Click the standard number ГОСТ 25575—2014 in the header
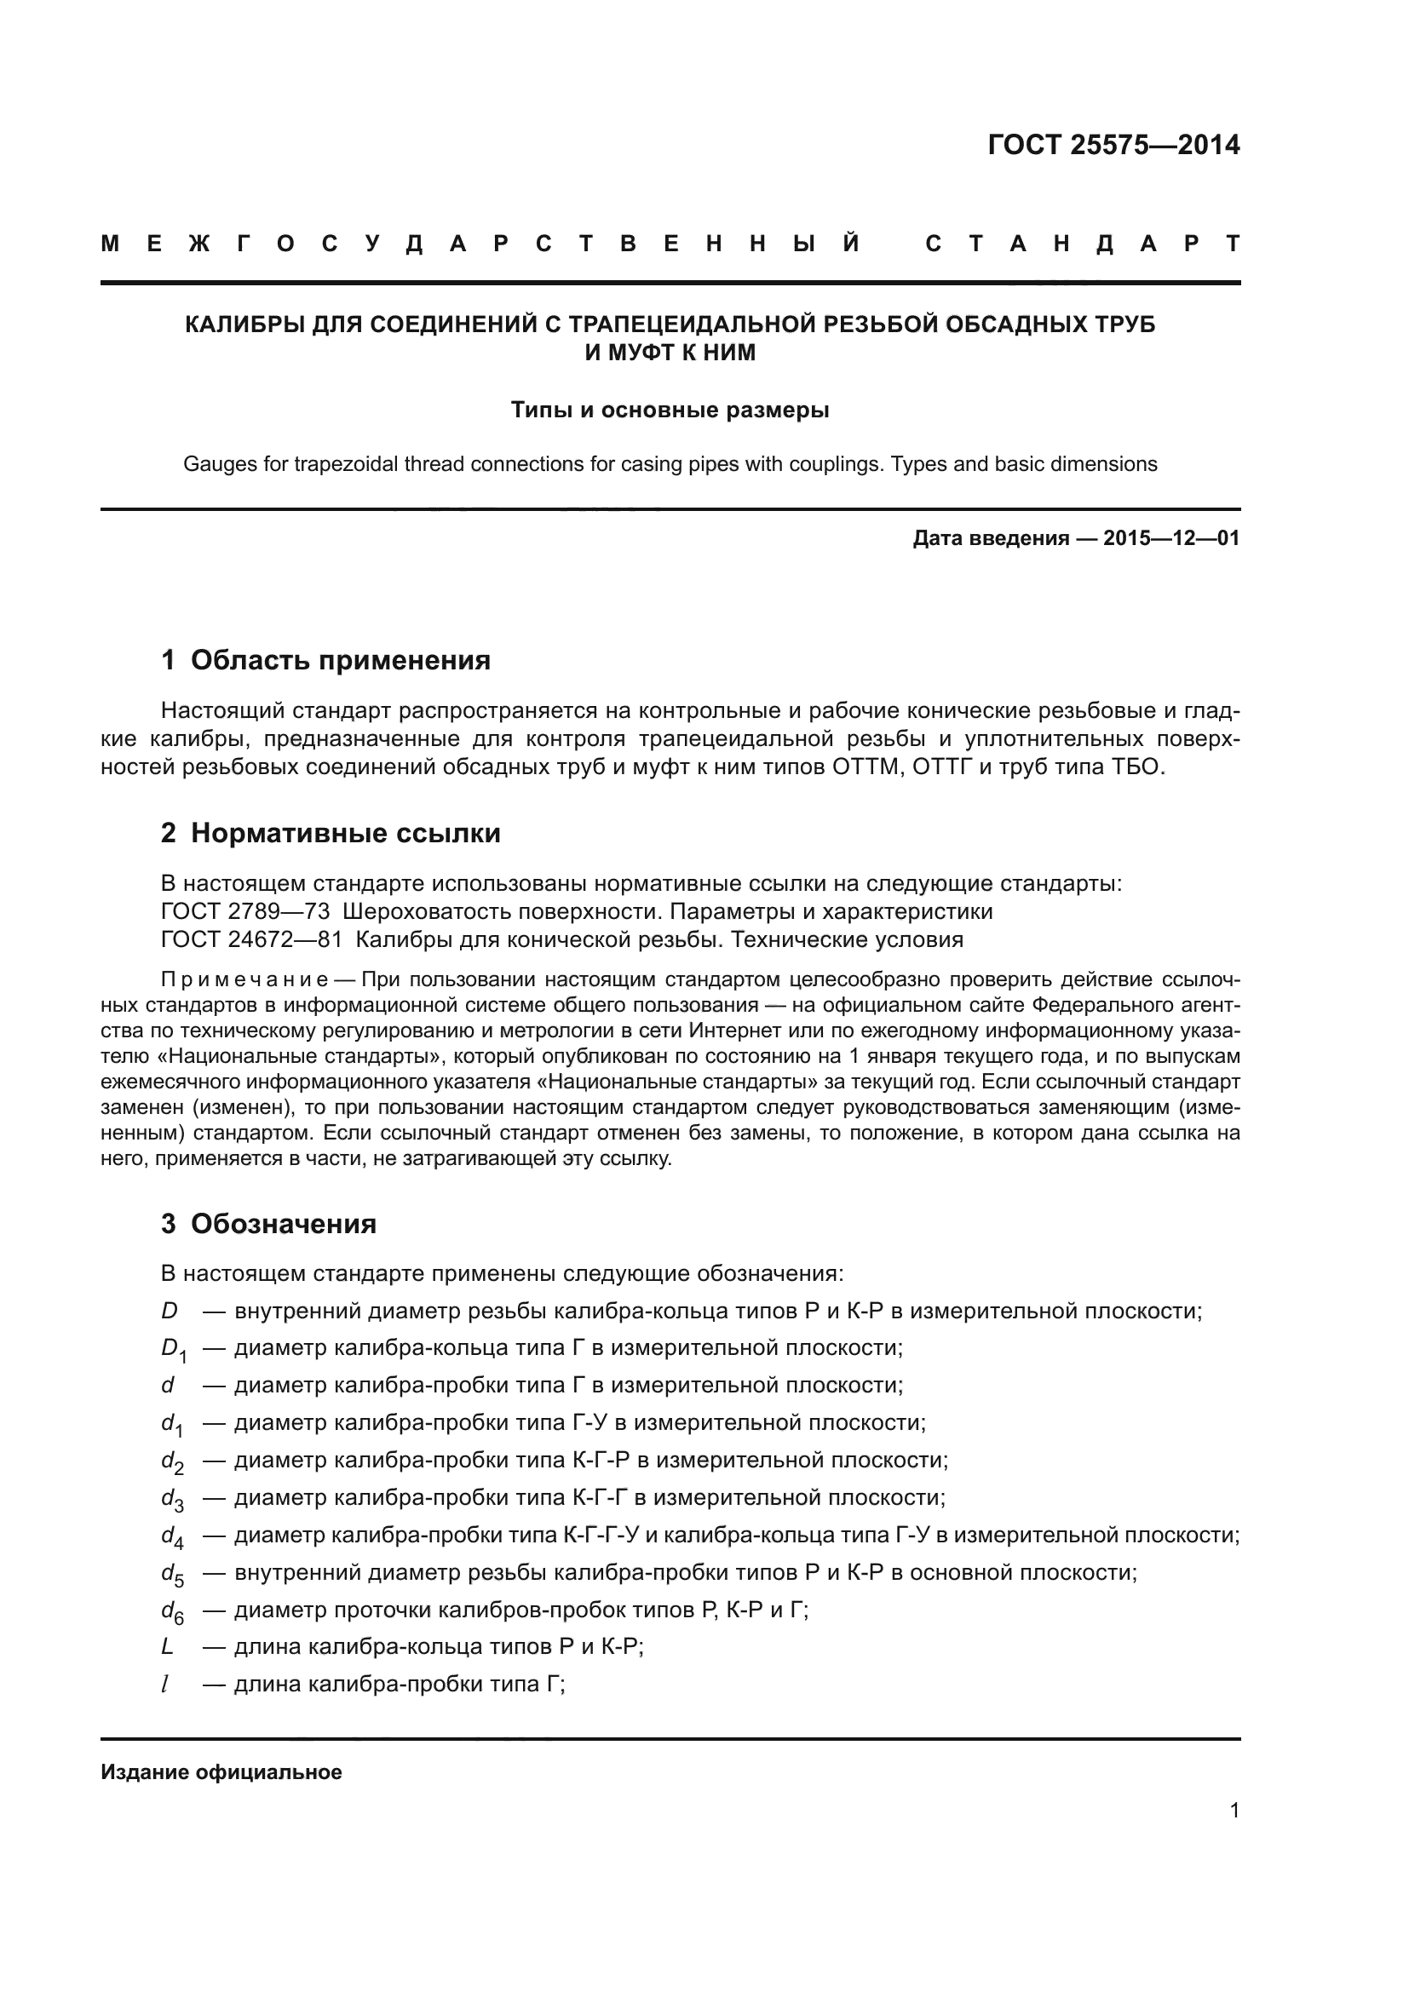(1113, 145)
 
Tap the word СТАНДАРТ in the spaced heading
(1082, 244)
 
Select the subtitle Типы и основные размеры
(670, 410)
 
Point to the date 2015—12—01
(1170, 539)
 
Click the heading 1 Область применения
(325, 660)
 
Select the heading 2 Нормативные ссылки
(331, 833)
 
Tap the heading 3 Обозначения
(269, 1224)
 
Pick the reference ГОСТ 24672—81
(251, 939)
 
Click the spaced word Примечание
(244, 980)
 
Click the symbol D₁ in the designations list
(174, 1349)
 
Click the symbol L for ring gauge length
(168, 1647)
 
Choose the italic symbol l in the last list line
(165, 1684)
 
